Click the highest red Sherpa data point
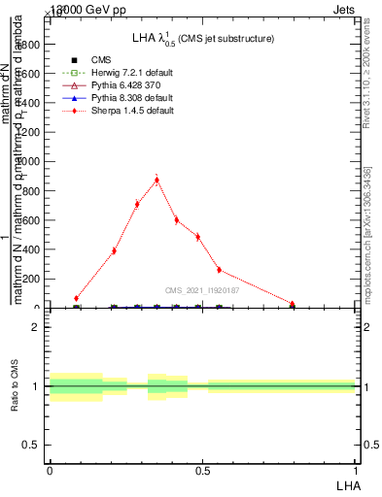tap(157, 180)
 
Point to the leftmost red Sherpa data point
tap(77, 299)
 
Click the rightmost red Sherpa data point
tap(293, 304)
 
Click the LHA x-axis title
tap(346, 484)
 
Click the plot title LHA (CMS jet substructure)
tap(202, 39)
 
